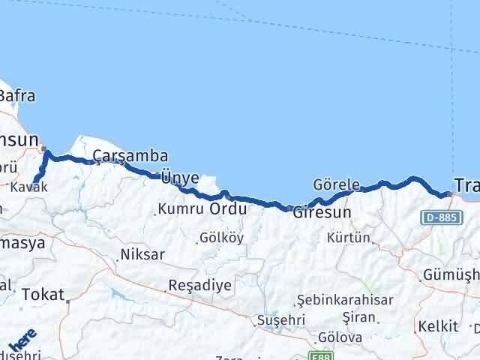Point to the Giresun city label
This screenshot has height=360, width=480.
coord(321,212)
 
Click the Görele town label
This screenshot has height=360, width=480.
coord(337,184)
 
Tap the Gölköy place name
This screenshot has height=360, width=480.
coord(222,238)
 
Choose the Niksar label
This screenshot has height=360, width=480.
coord(142,255)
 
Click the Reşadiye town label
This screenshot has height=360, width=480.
coord(201,285)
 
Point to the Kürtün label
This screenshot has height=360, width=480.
coord(349,238)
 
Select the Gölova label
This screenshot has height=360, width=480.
coord(340,337)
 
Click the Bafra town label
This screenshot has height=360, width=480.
coord(16,96)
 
